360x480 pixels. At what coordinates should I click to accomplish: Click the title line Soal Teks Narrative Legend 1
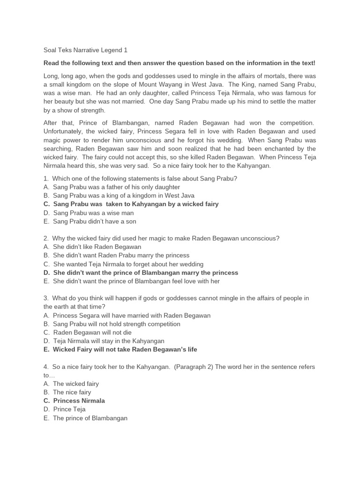pos(85,50)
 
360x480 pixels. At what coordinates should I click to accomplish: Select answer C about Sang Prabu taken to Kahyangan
pos(131,204)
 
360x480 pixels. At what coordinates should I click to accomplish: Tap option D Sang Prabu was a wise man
pos(89,212)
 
